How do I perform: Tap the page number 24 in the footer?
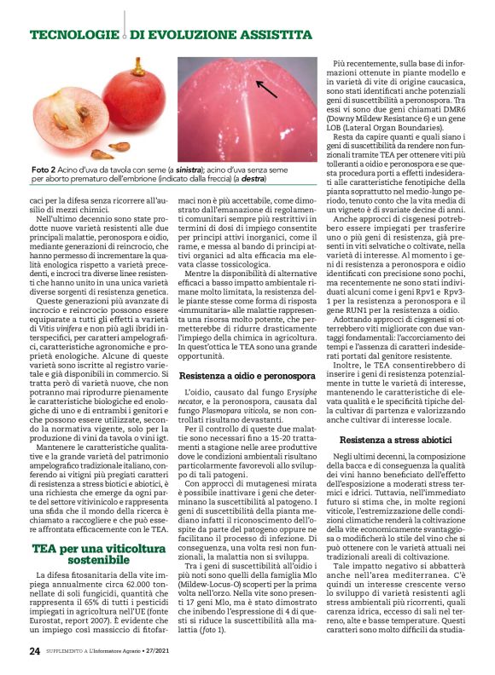pyautogui.click(x=34, y=651)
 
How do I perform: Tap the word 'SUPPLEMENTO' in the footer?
pyautogui.click(x=67, y=651)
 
